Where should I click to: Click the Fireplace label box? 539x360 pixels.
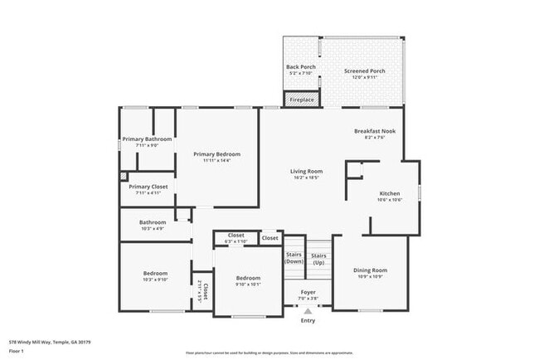(x=302, y=100)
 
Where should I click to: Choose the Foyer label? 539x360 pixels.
(x=308, y=294)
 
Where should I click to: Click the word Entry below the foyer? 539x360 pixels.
(x=308, y=320)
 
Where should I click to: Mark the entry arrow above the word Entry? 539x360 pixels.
(x=308, y=312)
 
